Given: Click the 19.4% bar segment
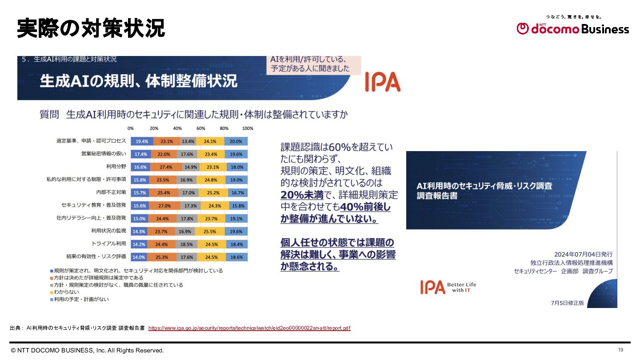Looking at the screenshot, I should [x=142, y=141].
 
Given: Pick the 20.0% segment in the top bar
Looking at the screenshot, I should [x=236, y=141].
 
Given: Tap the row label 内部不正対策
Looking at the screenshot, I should [x=111, y=192].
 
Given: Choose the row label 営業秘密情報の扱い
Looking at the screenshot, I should [x=104, y=154].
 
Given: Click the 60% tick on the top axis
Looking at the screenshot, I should [x=201, y=128].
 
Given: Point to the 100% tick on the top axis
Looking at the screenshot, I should [x=247, y=128].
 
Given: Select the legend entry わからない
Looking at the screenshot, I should [x=66, y=292].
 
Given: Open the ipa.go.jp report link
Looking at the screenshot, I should [x=249, y=328].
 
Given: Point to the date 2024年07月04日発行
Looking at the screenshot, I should [x=583, y=254].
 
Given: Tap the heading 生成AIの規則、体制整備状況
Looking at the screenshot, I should [x=139, y=81].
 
